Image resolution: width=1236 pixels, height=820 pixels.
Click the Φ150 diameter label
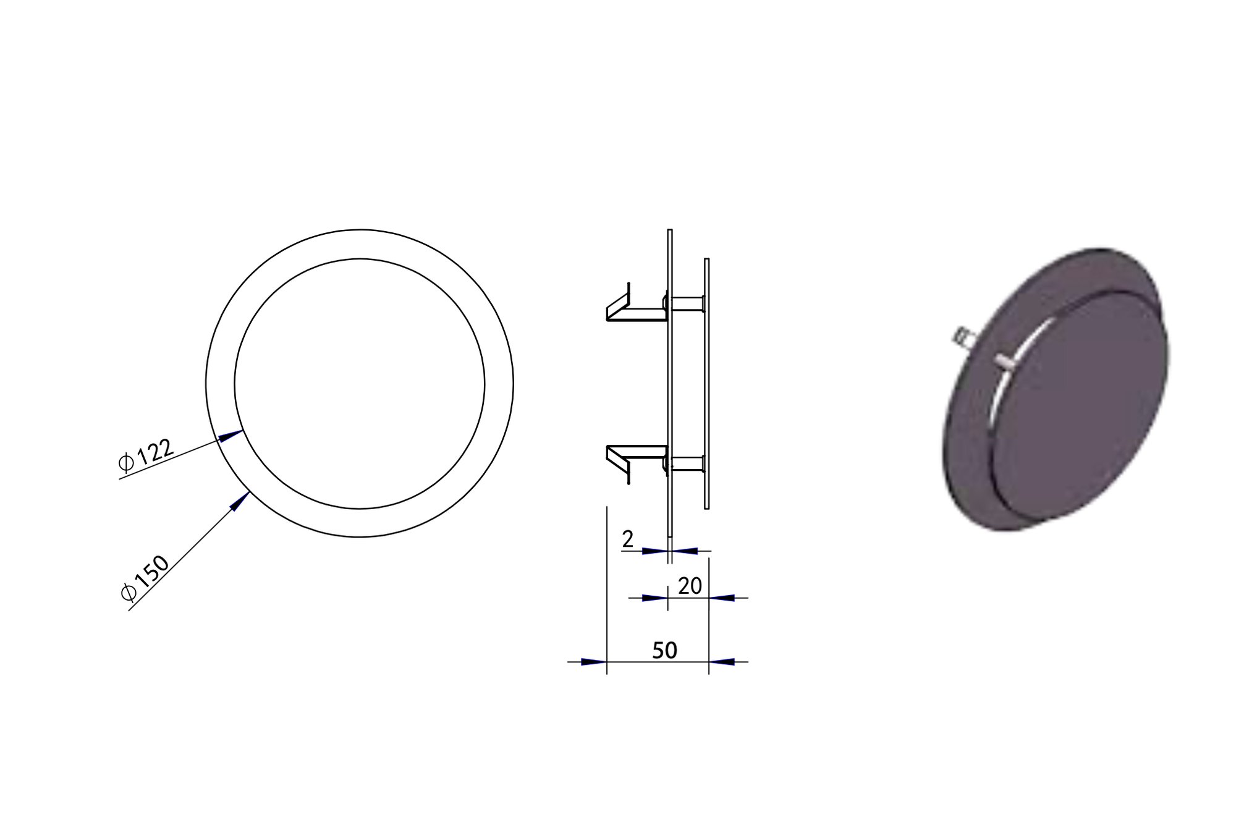[x=145, y=578]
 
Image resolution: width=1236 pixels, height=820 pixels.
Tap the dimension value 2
[x=628, y=539]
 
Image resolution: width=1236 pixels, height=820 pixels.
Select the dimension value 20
[x=690, y=586]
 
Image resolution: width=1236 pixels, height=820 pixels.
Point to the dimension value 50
[x=664, y=650]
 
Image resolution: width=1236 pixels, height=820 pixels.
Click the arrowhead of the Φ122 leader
[x=231, y=436]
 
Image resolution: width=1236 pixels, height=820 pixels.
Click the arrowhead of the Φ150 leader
[x=239, y=501]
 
